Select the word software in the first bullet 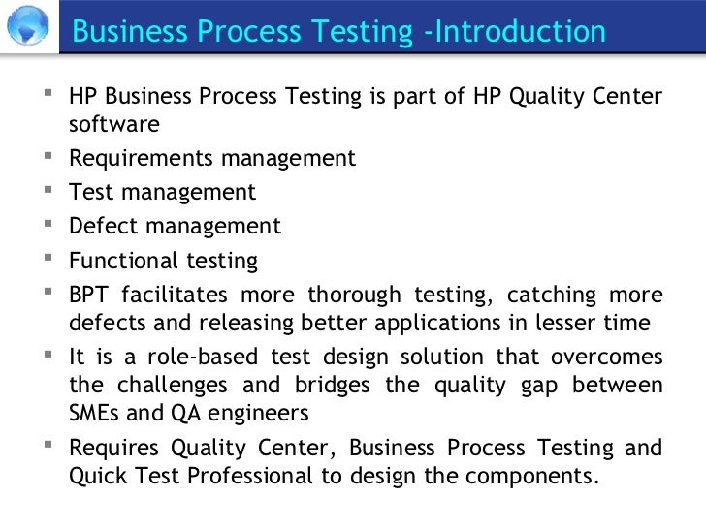click(114, 125)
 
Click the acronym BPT click(89, 295)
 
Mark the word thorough click(354, 295)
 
